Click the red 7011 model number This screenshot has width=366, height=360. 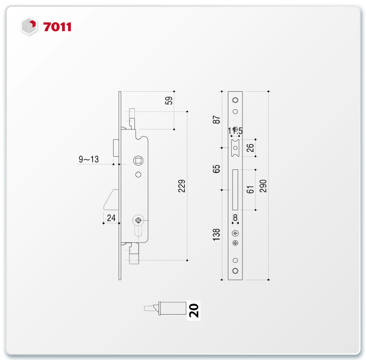(57, 27)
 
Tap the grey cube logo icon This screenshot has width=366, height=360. (29, 26)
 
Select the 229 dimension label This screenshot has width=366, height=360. (181, 186)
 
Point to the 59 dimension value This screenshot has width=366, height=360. (169, 101)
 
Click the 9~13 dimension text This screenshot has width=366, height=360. (88, 159)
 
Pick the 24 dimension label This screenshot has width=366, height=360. (111, 218)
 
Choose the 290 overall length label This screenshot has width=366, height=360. (263, 186)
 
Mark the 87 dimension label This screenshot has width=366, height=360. (216, 120)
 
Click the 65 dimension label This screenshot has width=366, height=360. (216, 169)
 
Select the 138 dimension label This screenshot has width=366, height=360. (216, 235)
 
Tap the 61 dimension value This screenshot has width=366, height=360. (250, 190)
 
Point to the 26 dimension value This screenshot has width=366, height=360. (250, 148)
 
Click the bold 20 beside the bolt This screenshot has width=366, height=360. (194, 310)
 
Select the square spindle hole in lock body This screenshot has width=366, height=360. (138, 161)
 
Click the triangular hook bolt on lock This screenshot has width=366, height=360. (111, 199)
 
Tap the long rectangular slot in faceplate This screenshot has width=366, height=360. (235, 190)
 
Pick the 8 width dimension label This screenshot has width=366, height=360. (235, 217)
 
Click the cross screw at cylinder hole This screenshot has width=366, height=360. (138, 220)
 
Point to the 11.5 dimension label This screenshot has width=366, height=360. (235, 131)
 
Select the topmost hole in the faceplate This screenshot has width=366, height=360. (235, 100)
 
